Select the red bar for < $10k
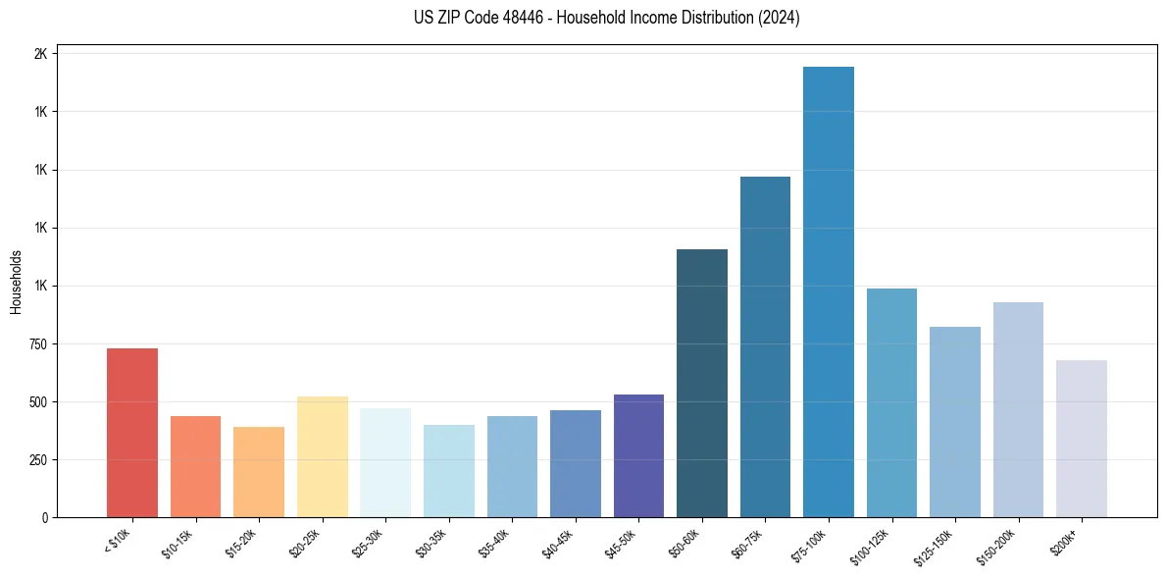pos(132,433)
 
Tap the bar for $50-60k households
pos(702,384)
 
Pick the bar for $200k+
pos(1081,439)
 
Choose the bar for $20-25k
pos(322,457)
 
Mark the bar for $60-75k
pos(765,347)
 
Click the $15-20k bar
pos(259,472)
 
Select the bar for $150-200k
pos(1018,410)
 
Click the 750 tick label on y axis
pos(36,344)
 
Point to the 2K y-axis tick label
pos(40,54)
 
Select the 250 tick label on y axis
pos(36,460)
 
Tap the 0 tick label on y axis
pos(44,518)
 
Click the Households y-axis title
pos(16,282)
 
